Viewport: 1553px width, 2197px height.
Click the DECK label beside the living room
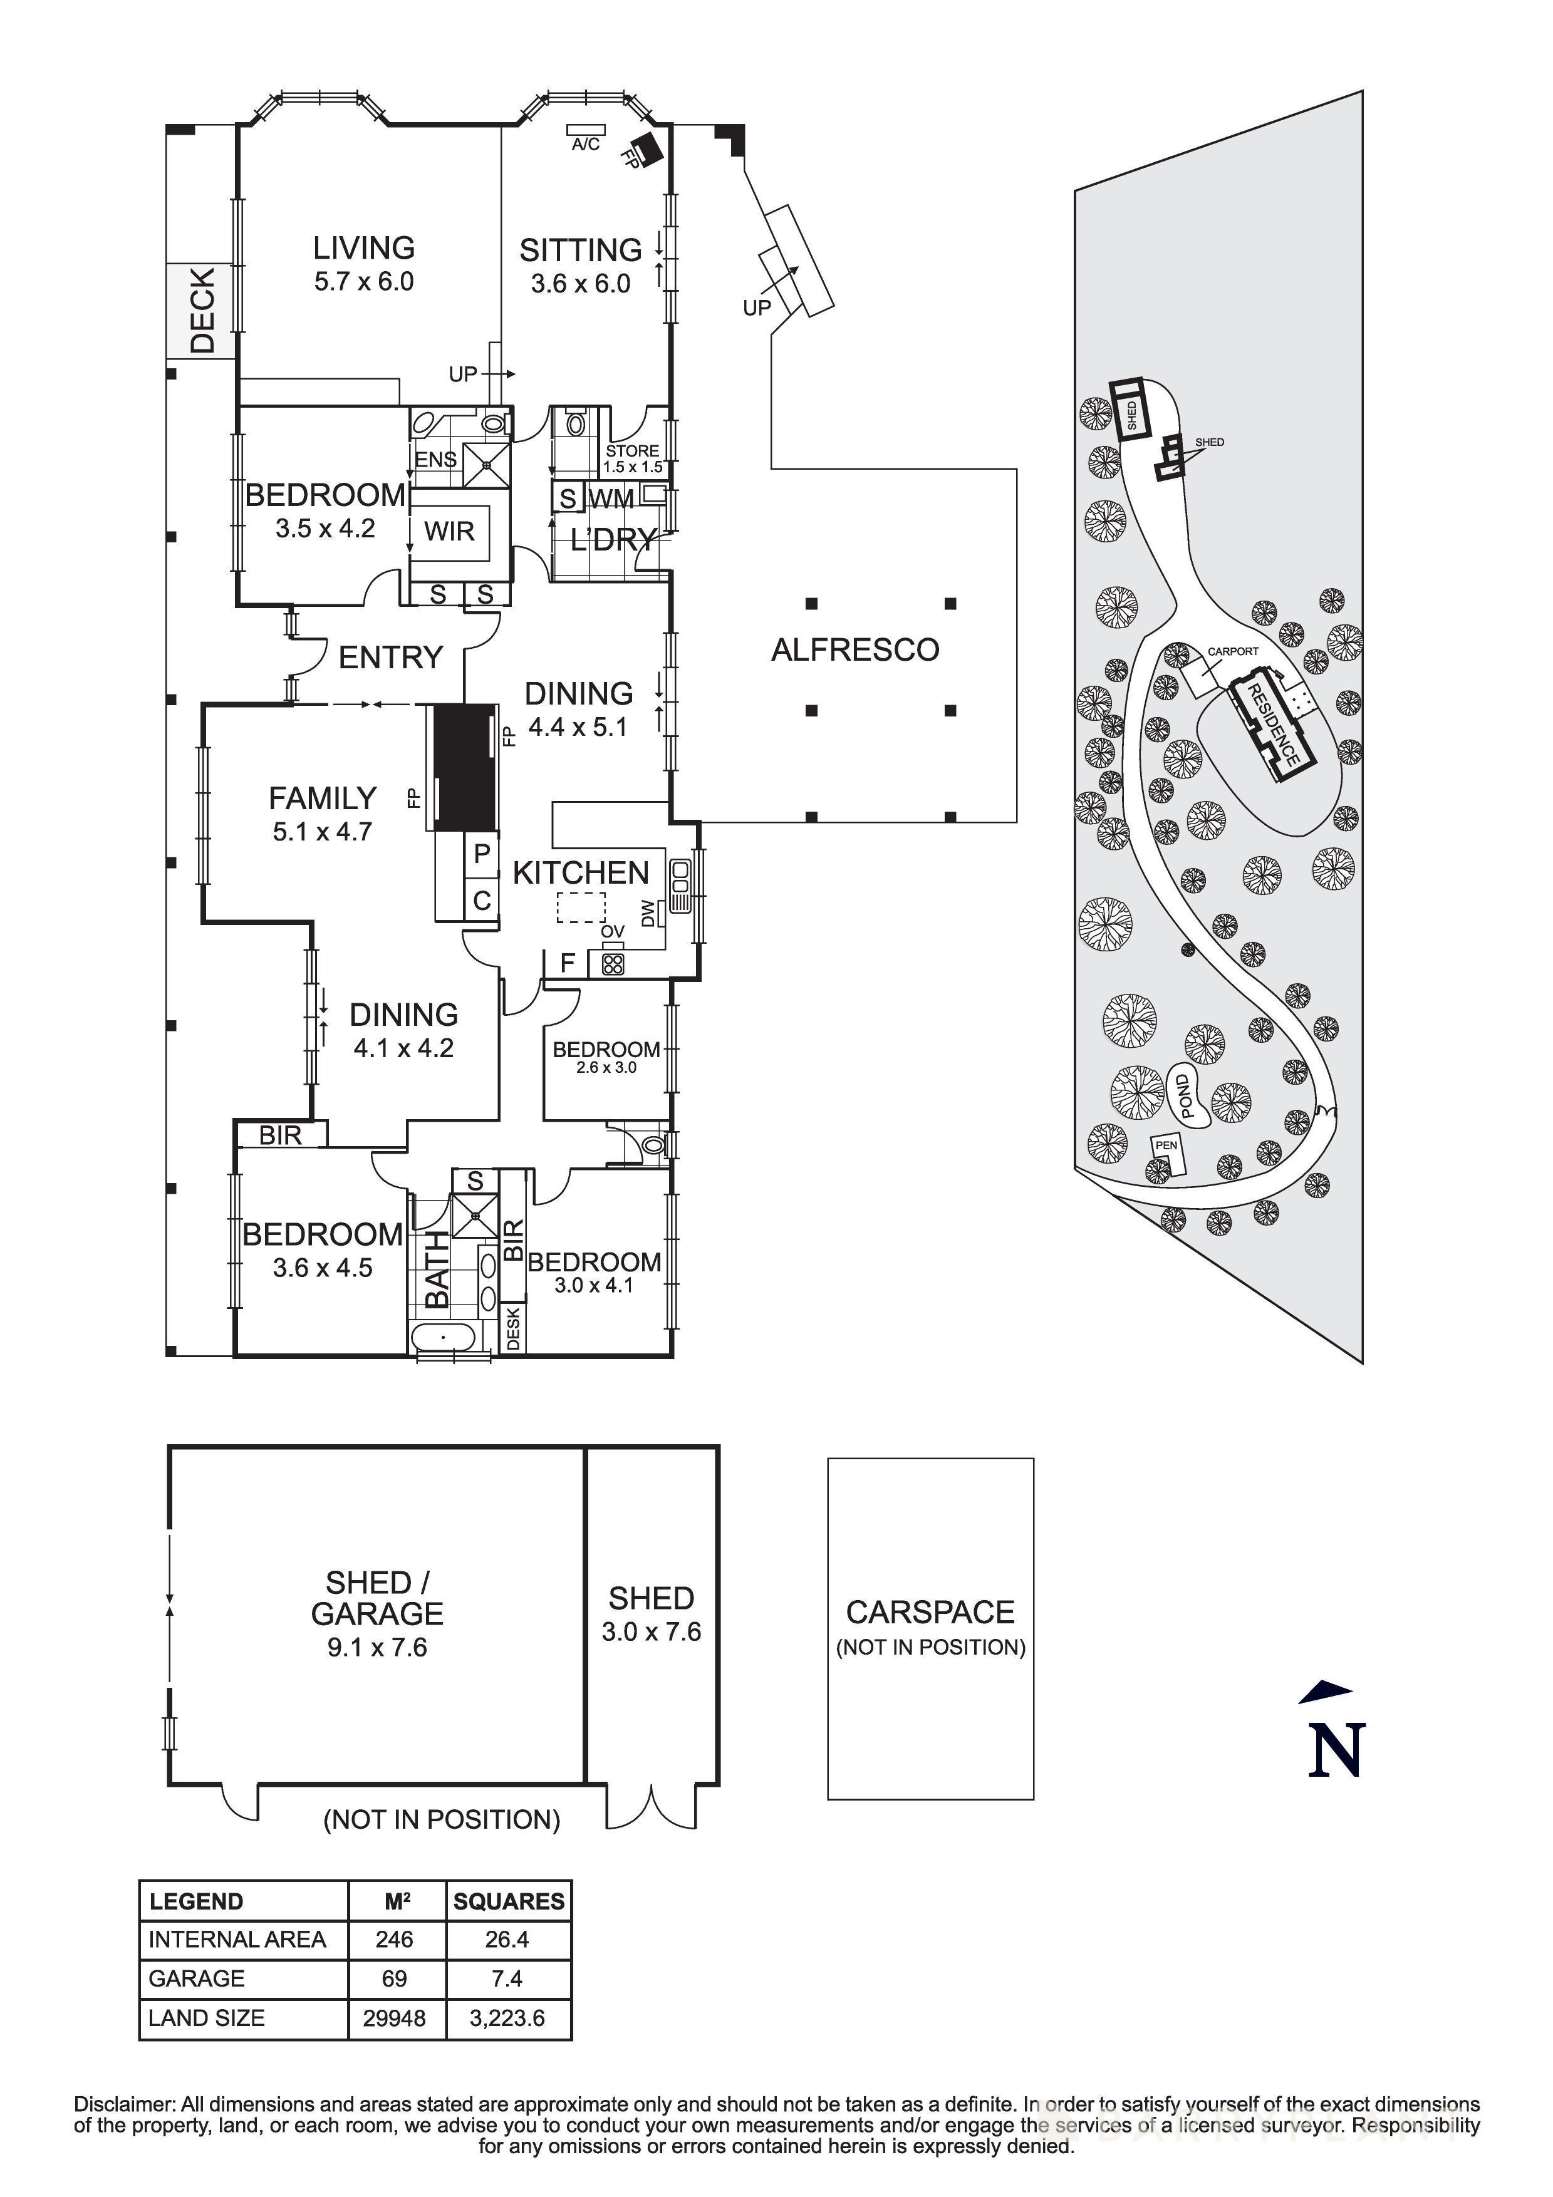[x=202, y=311]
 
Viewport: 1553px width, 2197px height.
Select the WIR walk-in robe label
[x=449, y=531]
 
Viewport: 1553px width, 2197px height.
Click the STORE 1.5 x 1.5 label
[x=633, y=458]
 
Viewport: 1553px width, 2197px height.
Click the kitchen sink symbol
[x=680, y=885]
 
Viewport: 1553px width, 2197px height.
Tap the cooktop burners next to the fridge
[x=613, y=964]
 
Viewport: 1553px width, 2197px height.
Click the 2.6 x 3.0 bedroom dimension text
[x=606, y=1068]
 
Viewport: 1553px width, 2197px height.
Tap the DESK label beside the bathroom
[x=513, y=1328]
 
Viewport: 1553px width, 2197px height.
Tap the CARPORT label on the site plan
[x=1232, y=651]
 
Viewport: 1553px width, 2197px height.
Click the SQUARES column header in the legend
[x=508, y=1901]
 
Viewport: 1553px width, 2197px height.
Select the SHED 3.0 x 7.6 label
[x=651, y=1615]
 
